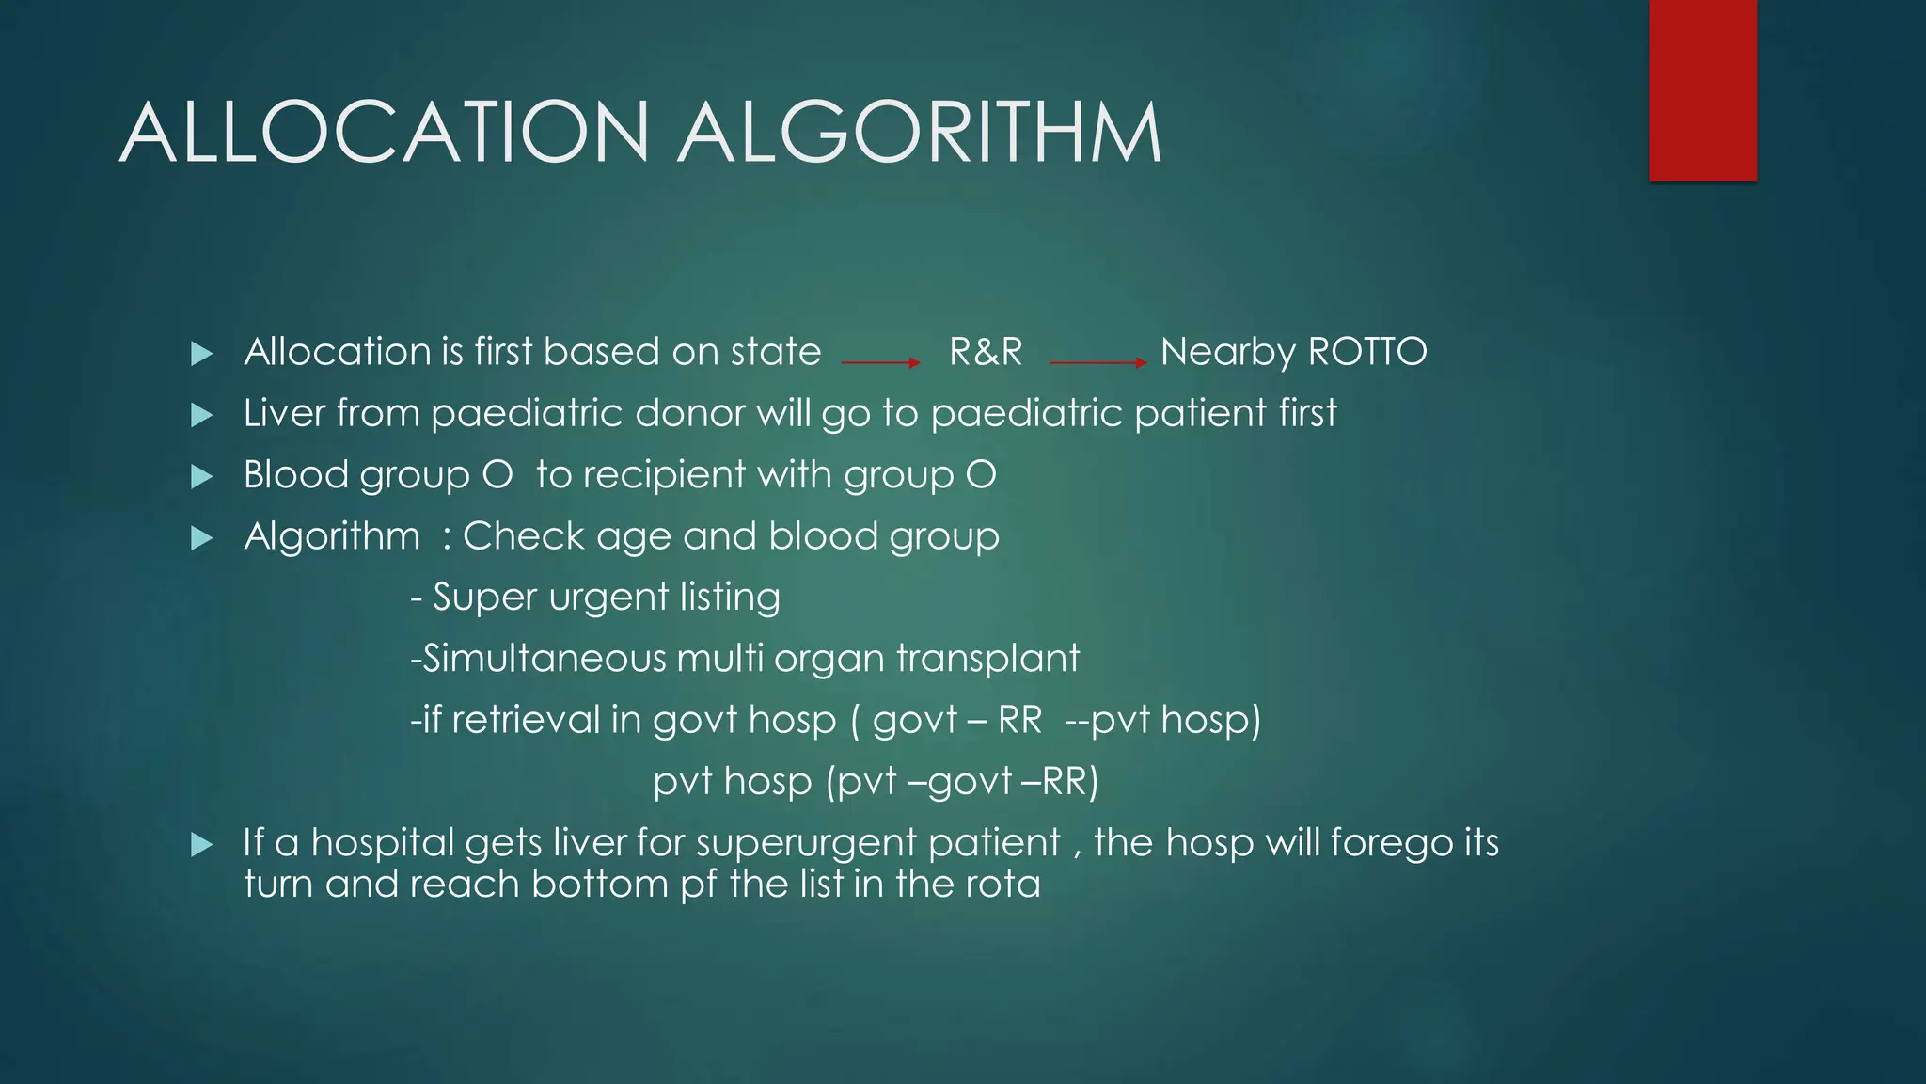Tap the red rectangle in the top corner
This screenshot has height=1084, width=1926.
click(x=1702, y=89)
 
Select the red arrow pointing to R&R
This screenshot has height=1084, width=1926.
click(x=880, y=362)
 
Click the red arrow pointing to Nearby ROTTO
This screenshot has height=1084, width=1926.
click(x=1097, y=362)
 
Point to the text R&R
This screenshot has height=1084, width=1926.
click(x=986, y=352)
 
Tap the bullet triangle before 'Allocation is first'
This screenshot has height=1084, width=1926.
click(x=201, y=354)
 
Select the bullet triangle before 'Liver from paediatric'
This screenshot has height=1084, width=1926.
click(x=201, y=415)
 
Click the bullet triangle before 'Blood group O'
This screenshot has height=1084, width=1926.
click(x=201, y=477)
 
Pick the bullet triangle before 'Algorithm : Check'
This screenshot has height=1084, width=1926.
click(x=201, y=538)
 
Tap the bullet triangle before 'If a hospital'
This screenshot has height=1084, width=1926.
click(x=201, y=844)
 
